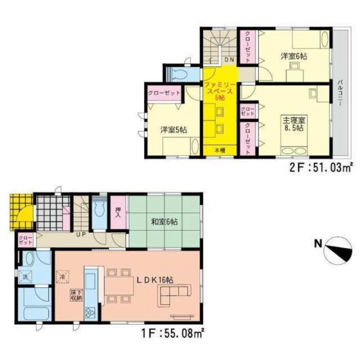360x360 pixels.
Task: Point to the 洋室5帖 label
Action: [x=174, y=130]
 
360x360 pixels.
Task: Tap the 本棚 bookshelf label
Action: [x=220, y=150]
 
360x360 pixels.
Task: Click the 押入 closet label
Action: [x=118, y=213]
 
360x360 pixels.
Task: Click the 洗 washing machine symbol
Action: [x=26, y=277]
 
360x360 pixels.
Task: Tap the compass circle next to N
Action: [x=338, y=251]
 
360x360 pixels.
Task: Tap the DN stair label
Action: [x=229, y=59]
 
